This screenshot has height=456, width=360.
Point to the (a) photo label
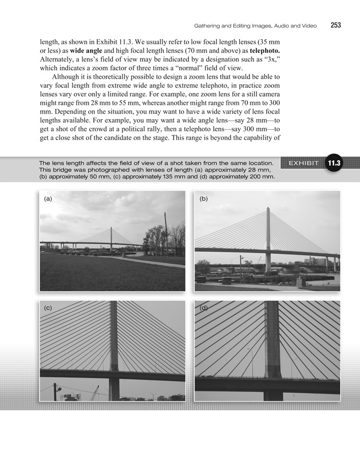click(48, 199)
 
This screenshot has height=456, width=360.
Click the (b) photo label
click(204, 199)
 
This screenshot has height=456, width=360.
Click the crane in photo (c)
click(95, 392)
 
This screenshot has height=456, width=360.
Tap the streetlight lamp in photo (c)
click(58, 389)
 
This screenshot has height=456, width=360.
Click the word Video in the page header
click(308, 25)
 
